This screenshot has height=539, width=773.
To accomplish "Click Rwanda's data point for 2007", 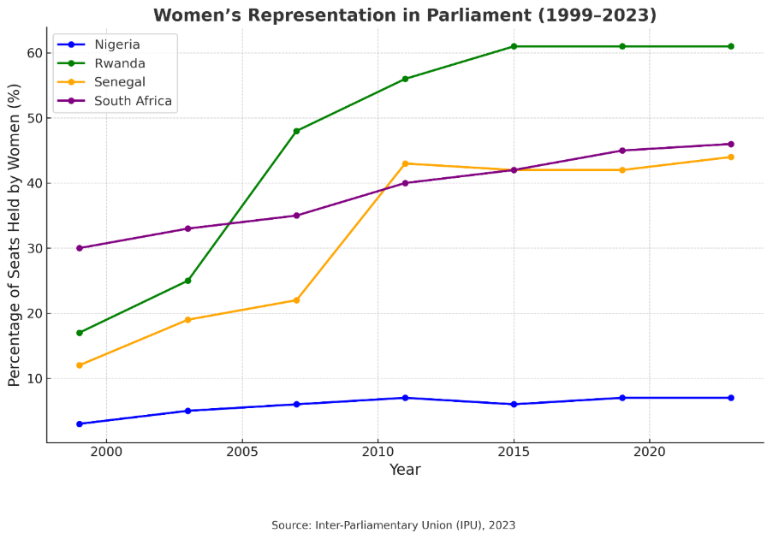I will tap(296, 131).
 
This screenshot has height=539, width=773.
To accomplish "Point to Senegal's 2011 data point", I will tap(405, 163).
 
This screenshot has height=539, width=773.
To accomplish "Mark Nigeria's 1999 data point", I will tap(80, 423).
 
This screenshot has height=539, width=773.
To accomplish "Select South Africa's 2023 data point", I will tap(730, 144).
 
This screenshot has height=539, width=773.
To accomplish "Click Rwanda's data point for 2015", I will tap(514, 46).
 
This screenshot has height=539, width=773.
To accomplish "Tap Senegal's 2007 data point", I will tap(296, 300).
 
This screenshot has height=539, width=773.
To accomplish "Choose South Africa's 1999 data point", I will tap(80, 248).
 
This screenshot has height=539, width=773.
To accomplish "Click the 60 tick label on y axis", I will tap(33, 53).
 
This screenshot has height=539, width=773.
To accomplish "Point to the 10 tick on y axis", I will tap(33, 378).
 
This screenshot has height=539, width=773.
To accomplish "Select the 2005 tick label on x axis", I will tap(242, 451).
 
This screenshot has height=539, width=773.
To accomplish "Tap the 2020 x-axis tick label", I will tap(649, 451).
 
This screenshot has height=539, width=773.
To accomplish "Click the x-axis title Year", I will tap(405, 470).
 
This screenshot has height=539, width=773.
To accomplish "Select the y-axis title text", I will tap(15, 235).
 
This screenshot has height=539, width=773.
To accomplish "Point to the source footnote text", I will tap(393, 524).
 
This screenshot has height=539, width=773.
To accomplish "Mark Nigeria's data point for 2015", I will tap(514, 404).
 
